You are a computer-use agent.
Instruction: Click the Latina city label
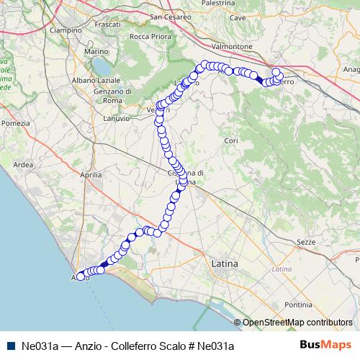(x=225, y=265)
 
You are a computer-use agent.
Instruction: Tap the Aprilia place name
(x=91, y=175)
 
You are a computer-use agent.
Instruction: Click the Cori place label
(x=231, y=140)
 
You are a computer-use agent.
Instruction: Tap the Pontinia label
(x=298, y=305)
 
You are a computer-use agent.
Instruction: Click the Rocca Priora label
(x=150, y=37)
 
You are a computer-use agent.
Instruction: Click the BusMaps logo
(x=325, y=346)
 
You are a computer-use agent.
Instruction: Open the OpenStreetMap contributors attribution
(x=297, y=322)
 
